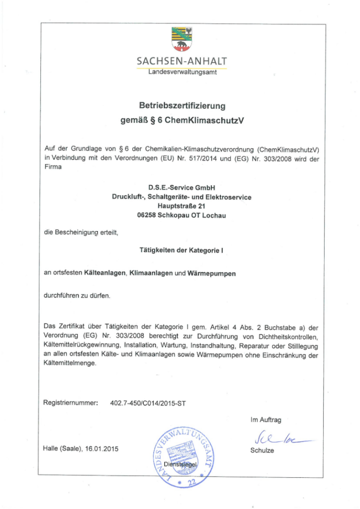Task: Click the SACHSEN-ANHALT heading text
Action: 181,62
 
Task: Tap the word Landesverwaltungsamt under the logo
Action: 181,73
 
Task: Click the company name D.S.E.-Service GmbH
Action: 181,187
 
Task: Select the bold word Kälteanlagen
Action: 105,273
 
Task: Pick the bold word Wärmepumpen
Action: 211,273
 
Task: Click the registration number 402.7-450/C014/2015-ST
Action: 148,403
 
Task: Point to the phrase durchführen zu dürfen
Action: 77,296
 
